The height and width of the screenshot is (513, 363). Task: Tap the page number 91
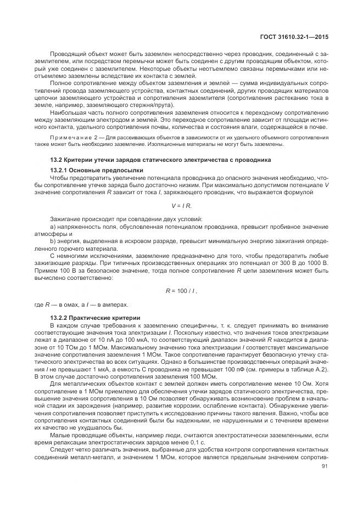click(x=323, y=467)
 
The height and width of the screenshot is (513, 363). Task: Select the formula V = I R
click(x=181, y=205)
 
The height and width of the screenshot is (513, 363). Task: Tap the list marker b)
click(x=53, y=240)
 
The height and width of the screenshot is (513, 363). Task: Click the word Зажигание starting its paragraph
click(x=67, y=219)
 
